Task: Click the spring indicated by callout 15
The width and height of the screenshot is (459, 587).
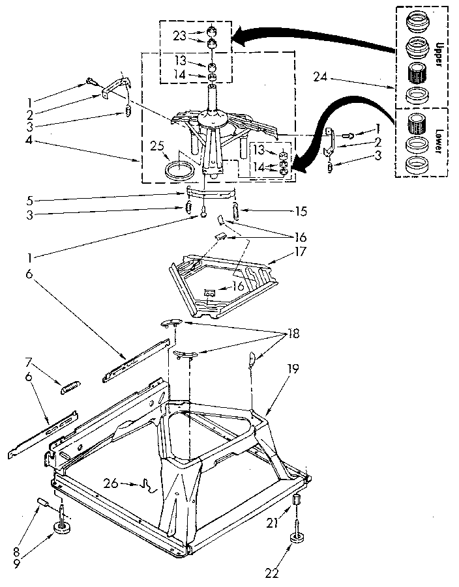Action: (236, 212)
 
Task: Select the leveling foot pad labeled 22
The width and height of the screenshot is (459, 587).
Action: (300, 536)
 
